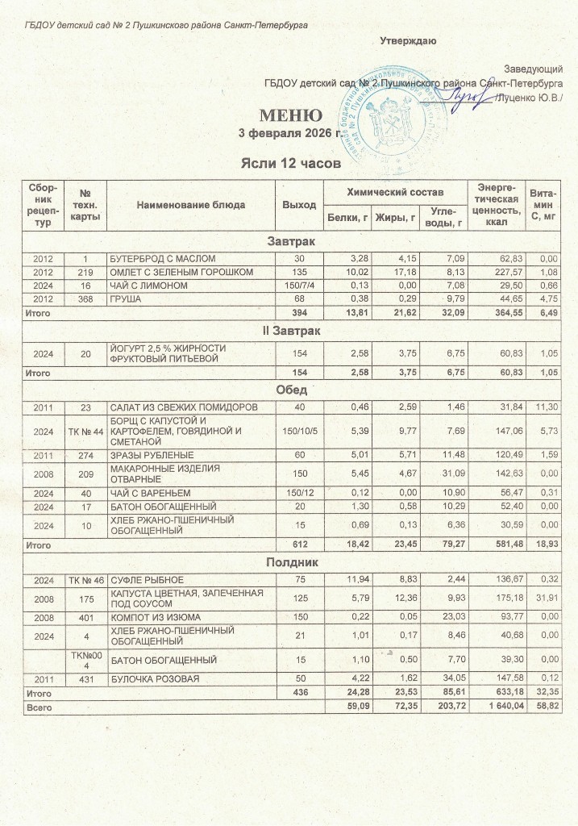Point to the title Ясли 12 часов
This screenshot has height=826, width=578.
click(x=288, y=164)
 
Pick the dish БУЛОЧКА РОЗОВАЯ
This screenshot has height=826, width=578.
click(x=156, y=679)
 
